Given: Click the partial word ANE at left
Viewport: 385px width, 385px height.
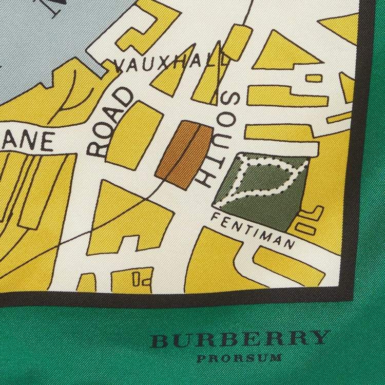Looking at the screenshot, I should point(34,143).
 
